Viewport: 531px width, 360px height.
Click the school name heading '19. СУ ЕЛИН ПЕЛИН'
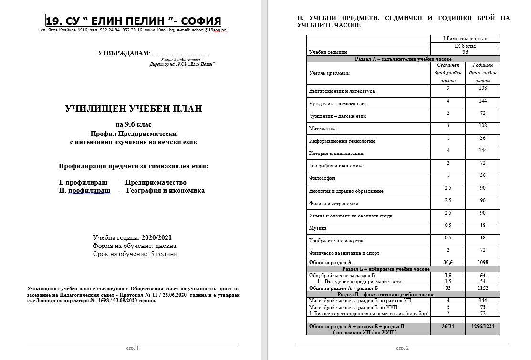click(x=133, y=21)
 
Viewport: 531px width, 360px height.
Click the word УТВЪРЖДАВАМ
click(x=124, y=53)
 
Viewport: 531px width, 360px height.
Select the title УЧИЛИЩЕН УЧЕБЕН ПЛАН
click(x=133, y=109)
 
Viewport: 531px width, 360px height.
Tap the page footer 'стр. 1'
click(x=132, y=348)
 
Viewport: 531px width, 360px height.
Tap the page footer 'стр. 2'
click(x=403, y=348)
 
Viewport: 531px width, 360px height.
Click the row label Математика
click(x=323, y=128)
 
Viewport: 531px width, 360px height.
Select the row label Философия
click(x=323, y=178)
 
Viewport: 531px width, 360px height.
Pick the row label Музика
click(x=318, y=228)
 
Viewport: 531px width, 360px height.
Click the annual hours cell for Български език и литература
click(x=483, y=88)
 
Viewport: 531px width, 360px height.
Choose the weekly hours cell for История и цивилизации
click(x=448, y=150)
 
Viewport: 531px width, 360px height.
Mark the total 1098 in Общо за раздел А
click(x=483, y=262)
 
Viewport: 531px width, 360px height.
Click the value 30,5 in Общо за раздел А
click(x=448, y=262)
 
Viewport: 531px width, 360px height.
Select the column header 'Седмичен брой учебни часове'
click(x=448, y=73)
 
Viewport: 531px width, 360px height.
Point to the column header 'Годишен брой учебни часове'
click(x=483, y=73)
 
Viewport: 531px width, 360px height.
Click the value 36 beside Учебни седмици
click(x=465, y=52)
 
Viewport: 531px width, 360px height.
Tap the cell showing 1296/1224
click(x=483, y=326)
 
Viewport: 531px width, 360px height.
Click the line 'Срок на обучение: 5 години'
click(x=135, y=254)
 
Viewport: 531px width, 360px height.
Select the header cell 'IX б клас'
click(x=465, y=46)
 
